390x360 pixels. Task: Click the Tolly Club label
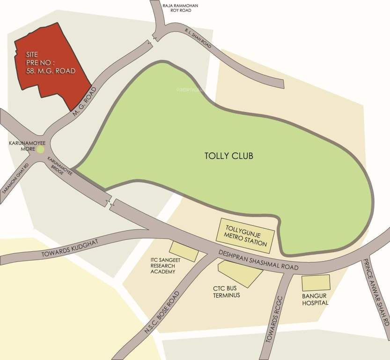[229, 156]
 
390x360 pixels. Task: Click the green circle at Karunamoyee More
[40, 150]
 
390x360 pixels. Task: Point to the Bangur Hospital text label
[315, 300]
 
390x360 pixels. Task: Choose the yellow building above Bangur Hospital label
[316, 283]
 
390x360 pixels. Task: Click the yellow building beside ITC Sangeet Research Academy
[184, 251]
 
